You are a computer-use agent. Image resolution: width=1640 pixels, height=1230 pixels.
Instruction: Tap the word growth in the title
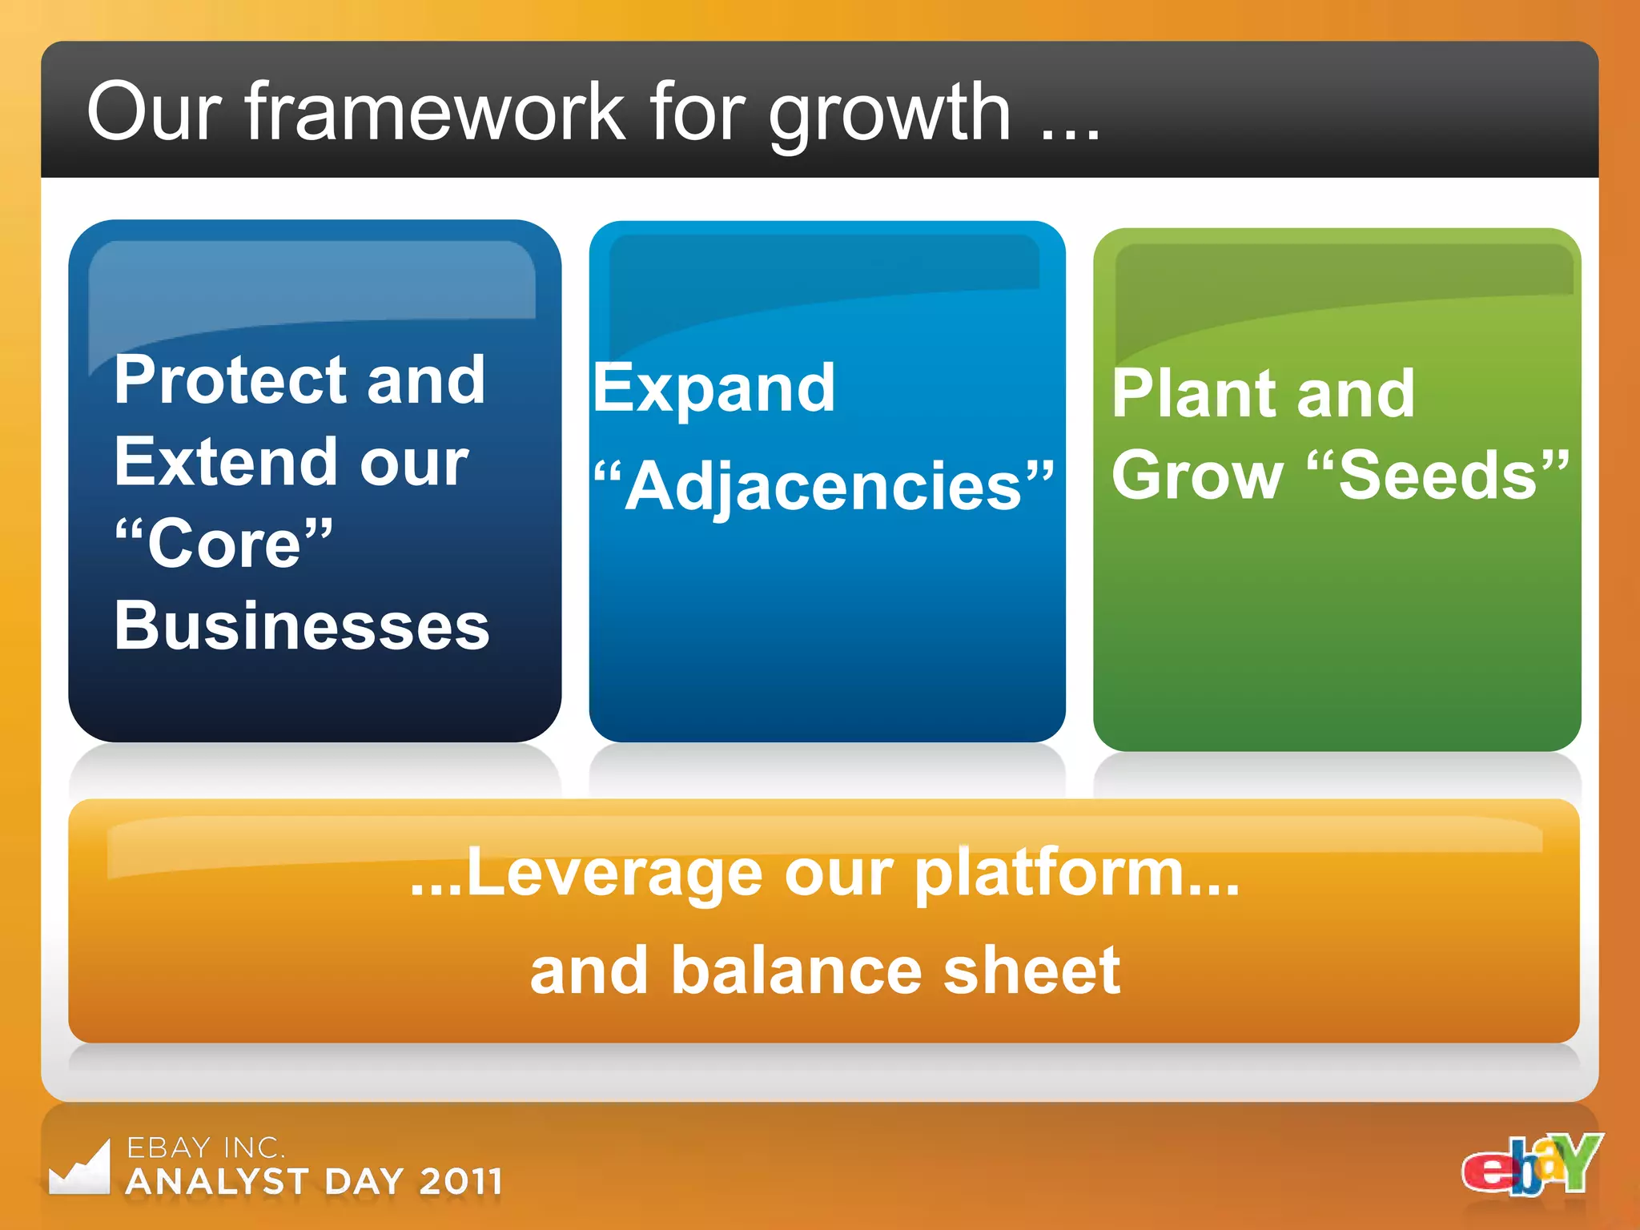click(889, 116)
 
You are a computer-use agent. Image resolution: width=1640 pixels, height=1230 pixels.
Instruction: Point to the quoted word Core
click(224, 544)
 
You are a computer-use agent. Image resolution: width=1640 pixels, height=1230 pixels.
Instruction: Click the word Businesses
click(301, 625)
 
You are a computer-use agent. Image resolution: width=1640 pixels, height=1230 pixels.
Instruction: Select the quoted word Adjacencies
click(825, 486)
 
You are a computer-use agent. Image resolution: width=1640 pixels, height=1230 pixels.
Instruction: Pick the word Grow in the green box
click(1196, 476)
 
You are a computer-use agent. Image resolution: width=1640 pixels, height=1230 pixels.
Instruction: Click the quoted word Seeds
click(1438, 476)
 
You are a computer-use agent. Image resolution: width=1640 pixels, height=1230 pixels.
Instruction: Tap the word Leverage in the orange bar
click(613, 874)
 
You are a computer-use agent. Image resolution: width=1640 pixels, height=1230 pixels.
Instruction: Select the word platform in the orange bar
click(1049, 874)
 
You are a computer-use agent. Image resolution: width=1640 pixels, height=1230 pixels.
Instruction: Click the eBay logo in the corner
click(1530, 1165)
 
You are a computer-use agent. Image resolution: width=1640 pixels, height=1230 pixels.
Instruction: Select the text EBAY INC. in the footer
click(205, 1148)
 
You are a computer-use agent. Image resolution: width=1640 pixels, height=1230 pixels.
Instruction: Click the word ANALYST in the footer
click(217, 1182)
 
